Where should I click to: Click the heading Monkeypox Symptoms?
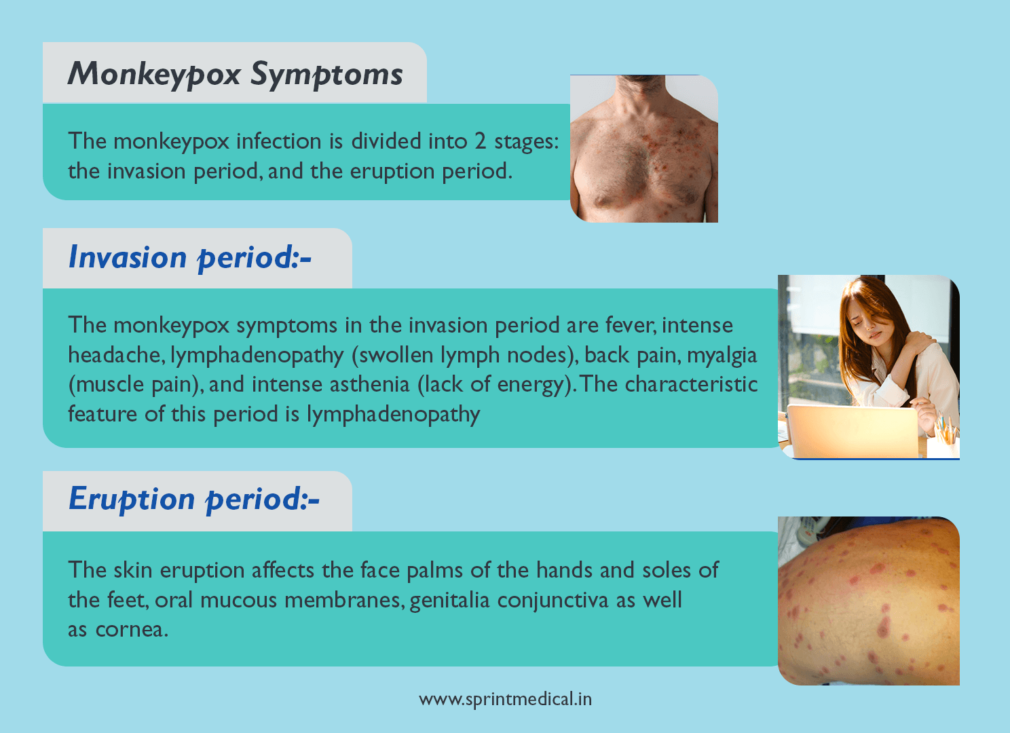[x=235, y=74]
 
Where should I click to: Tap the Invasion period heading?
[x=189, y=258]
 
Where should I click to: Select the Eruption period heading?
[x=193, y=500]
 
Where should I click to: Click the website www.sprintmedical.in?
[x=505, y=699]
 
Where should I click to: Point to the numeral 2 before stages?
[x=480, y=141]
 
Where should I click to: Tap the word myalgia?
[x=722, y=355]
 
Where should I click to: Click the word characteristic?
[x=691, y=385]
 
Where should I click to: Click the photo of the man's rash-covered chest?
[x=643, y=149]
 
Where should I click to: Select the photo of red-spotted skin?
[x=868, y=601]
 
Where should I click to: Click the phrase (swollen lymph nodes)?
[x=464, y=355]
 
